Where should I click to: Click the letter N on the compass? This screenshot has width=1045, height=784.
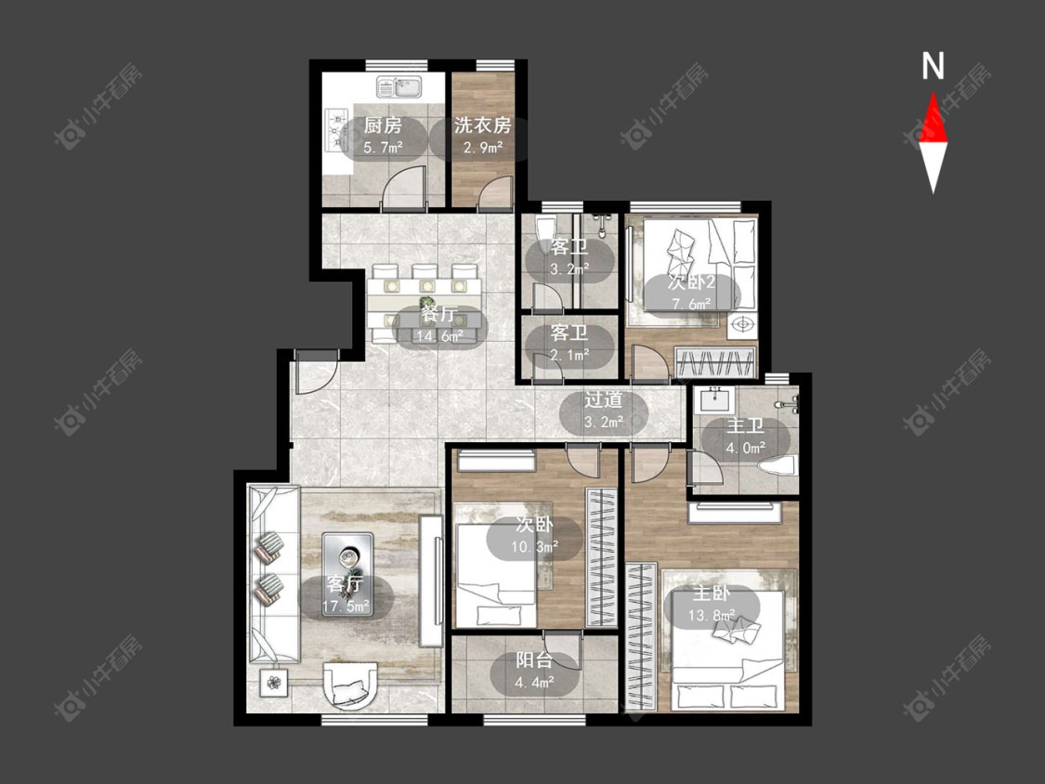click(x=933, y=66)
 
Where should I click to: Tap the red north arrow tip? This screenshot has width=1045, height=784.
click(x=933, y=92)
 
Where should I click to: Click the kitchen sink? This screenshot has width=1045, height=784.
click(x=398, y=86)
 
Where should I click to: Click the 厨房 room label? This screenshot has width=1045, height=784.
click(x=384, y=125)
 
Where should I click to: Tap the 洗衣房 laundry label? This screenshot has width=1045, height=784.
click(x=482, y=125)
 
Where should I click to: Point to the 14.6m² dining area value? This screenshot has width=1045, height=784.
click(x=438, y=336)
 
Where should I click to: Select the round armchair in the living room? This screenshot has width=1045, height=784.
click(x=350, y=684)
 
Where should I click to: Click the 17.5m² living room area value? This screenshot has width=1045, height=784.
click(x=346, y=607)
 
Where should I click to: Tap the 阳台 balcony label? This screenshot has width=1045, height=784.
click(x=534, y=660)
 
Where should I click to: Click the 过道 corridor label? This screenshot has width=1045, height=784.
click(x=603, y=400)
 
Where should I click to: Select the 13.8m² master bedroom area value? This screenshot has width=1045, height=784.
click(x=712, y=615)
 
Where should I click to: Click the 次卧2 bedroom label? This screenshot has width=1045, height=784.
click(x=691, y=282)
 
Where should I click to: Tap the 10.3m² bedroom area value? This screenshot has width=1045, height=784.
click(x=534, y=547)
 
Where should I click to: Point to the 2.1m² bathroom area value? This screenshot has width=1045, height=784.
click(x=569, y=355)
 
